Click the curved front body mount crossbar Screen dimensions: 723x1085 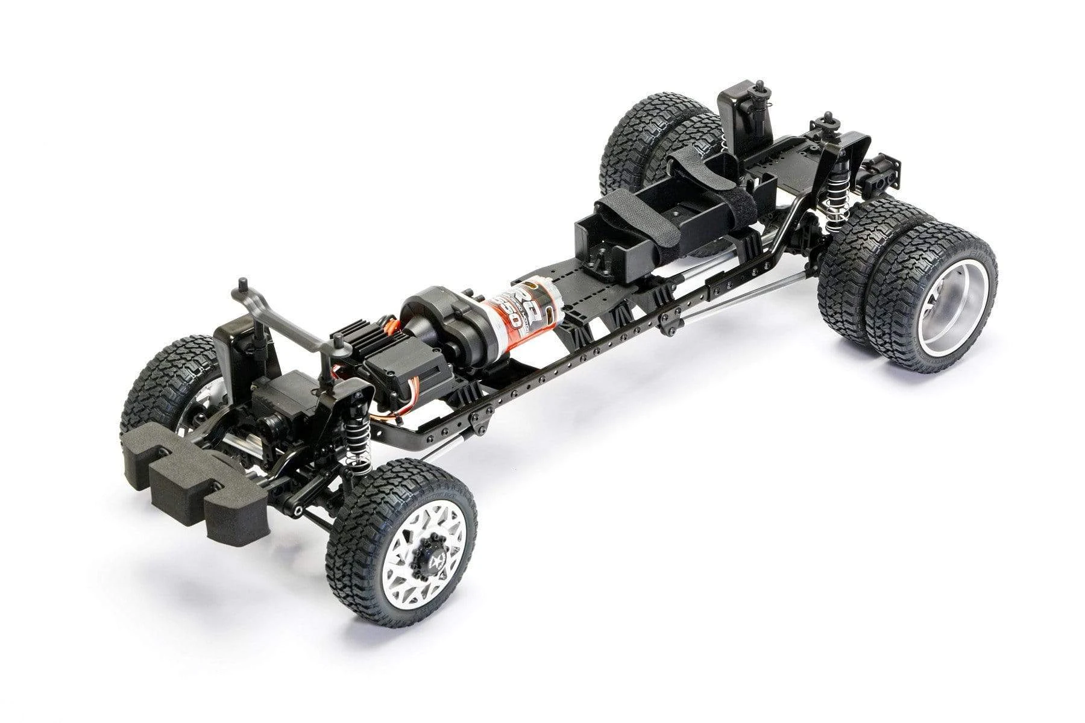tap(283, 325)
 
